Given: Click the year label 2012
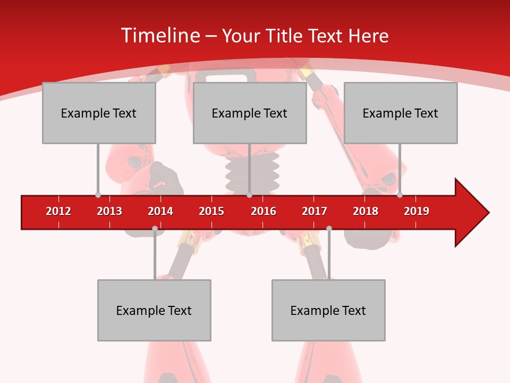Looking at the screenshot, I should tap(58, 211).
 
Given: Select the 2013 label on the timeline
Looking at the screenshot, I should tap(109, 211).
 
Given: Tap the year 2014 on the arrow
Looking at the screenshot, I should tap(160, 211).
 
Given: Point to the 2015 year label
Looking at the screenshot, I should tap(211, 211).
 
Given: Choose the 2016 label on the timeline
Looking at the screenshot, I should tap(263, 211).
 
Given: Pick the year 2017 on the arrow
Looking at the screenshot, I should tap(314, 211).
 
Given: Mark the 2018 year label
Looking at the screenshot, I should tap(365, 211).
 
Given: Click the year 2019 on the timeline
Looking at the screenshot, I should tap(416, 211).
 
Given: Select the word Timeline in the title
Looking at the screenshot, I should tap(159, 36).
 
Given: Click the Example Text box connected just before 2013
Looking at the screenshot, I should tap(99, 113).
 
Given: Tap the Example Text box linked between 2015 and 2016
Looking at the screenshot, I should tap(250, 113).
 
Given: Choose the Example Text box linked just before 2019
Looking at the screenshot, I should tap(401, 113).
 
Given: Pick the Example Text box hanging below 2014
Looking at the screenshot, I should tap(154, 310).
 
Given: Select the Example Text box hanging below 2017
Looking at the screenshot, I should tap(328, 310).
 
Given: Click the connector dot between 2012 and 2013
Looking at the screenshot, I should tap(98, 195).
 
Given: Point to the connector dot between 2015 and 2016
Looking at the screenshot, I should tap(249, 195).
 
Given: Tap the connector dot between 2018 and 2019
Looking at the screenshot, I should tap(399, 195).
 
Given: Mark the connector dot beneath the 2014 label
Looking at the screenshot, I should tap(155, 228).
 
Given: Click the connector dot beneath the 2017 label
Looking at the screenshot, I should tap(329, 228).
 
